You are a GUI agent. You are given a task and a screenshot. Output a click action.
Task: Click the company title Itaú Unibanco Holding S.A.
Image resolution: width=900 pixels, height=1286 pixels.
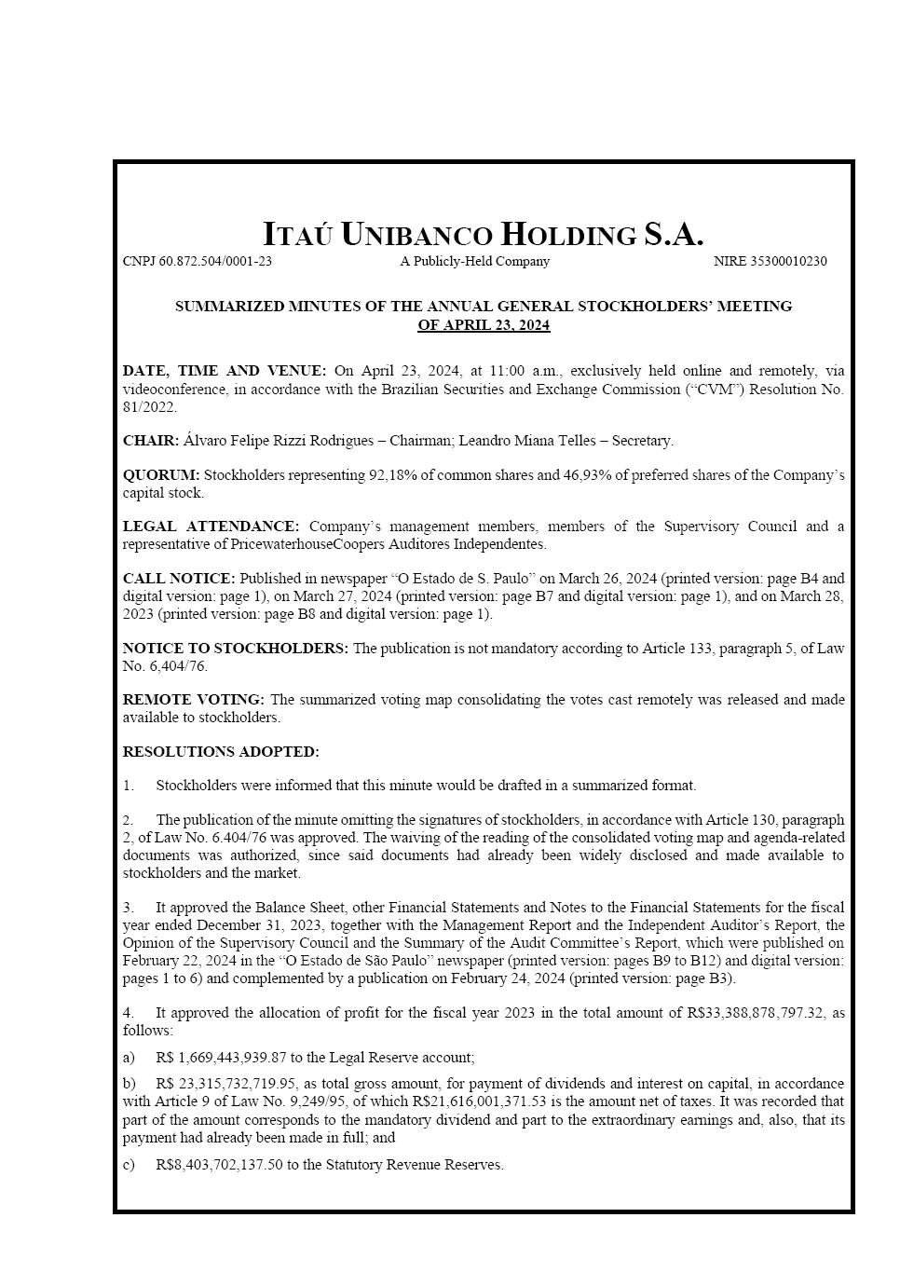pos(483,234)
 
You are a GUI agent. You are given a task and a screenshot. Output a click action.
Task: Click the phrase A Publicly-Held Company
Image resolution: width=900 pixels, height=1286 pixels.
pos(474,262)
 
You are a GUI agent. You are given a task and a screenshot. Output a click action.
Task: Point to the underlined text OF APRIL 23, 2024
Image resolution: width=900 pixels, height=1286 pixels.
pos(484,325)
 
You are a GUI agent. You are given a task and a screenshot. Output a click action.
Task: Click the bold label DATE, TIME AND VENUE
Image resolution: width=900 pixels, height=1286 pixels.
pos(224,371)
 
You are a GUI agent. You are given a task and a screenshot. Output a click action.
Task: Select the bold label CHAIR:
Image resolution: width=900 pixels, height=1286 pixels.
pos(150,441)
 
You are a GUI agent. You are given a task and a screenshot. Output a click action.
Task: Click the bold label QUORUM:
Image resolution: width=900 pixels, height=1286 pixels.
pos(160,475)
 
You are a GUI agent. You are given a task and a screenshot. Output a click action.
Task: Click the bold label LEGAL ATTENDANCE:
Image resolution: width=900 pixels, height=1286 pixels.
pos(211,527)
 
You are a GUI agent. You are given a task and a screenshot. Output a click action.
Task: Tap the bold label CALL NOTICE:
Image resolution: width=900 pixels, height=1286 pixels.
pos(179,579)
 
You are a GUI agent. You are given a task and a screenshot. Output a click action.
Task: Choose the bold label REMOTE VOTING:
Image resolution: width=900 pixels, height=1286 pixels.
pos(193,700)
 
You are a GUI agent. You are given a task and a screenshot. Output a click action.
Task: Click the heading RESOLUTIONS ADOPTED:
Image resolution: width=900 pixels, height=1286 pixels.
pos(221,752)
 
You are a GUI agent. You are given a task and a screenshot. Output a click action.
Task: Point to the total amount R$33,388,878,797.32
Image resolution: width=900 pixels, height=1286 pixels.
pos(756,1013)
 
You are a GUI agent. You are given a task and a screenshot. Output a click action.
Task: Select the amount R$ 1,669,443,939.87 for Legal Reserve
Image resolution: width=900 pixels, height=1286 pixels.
pos(222,1058)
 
